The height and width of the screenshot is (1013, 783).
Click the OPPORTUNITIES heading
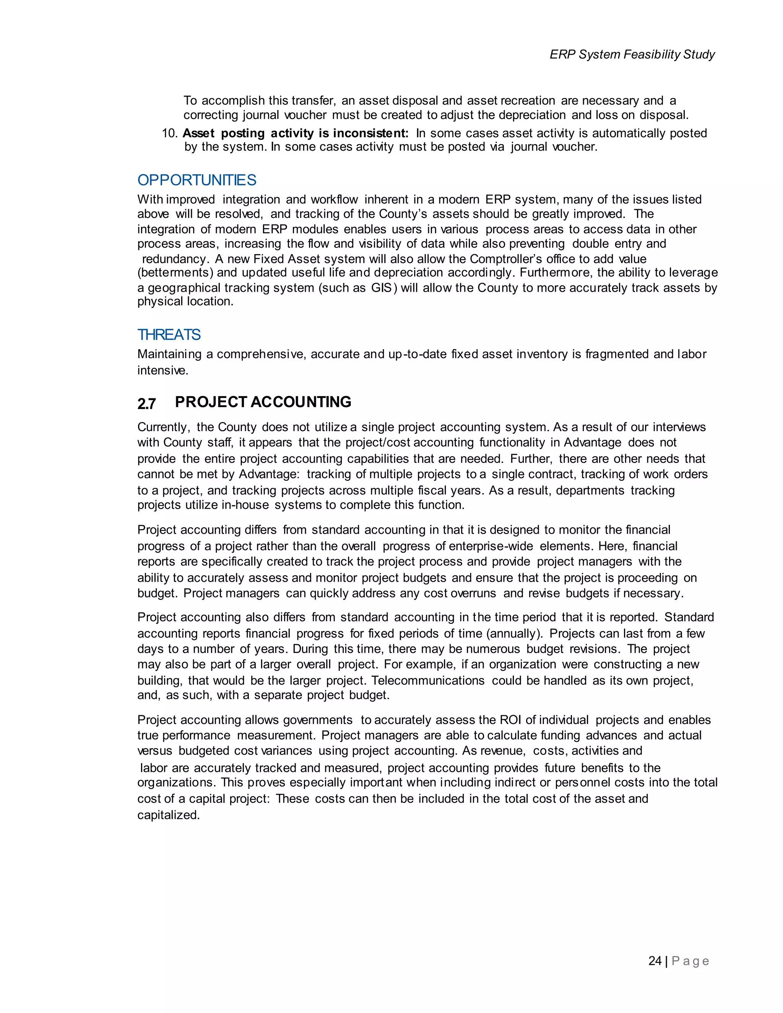tap(197, 180)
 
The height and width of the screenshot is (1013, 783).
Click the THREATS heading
tap(169, 334)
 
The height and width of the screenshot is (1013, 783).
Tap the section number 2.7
tap(146, 404)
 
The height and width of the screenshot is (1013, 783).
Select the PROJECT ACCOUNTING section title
tap(263, 402)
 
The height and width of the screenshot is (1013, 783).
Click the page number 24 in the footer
tap(655, 961)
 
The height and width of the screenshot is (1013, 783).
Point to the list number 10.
tap(169, 133)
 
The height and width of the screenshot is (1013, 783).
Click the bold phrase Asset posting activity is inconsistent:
tap(296, 133)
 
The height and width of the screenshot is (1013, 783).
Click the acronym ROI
tap(511, 719)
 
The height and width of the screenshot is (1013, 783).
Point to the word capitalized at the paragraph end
tap(168, 815)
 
